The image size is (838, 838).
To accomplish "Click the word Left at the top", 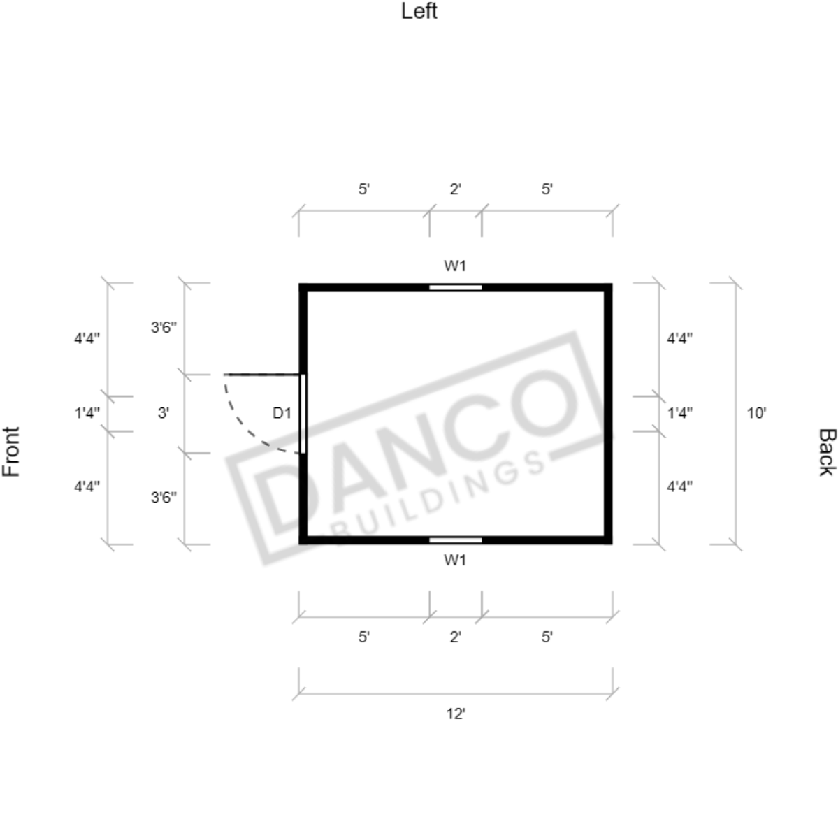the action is click(419, 11).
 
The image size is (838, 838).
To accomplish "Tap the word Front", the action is click(11, 451).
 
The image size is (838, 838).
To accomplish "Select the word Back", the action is click(827, 451).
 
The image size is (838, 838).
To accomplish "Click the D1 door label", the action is click(282, 412).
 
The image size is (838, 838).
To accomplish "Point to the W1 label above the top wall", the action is click(455, 266).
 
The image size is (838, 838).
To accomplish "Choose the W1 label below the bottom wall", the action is click(455, 560).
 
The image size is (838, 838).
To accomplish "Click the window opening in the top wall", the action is click(455, 287).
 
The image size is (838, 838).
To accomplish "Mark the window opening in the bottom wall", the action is click(455, 540).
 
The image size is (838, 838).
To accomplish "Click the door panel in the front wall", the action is click(303, 414).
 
